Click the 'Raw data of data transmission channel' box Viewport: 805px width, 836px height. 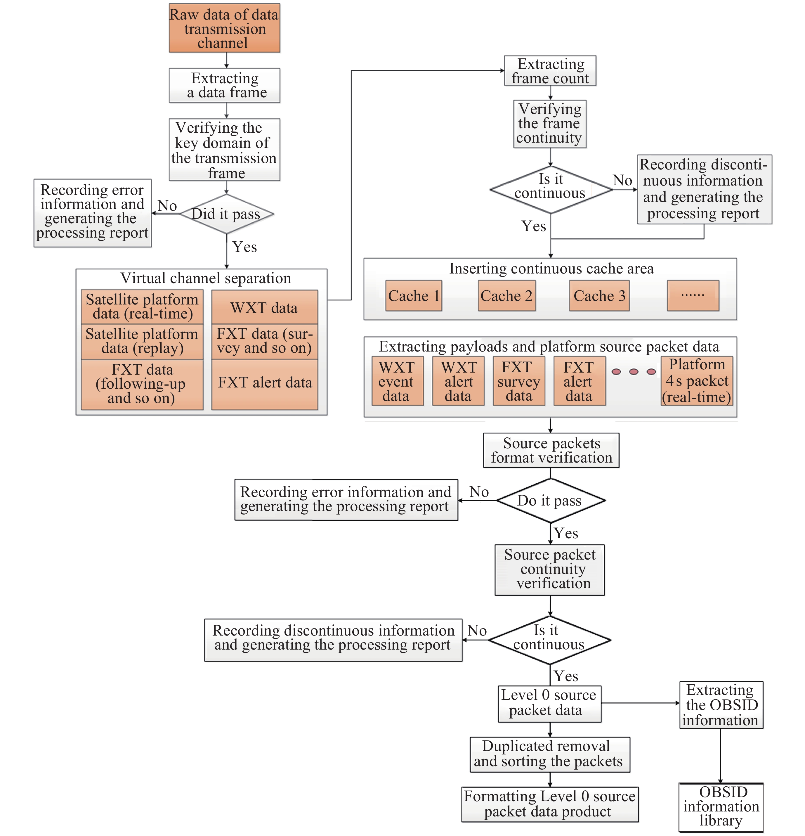pyautogui.click(x=224, y=28)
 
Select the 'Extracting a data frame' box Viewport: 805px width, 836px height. pyautogui.click(x=224, y=85)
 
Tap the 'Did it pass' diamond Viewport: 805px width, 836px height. pyautogui.click(x=226, y=214)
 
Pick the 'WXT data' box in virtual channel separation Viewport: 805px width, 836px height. pyautogui.click(x=264, y=307)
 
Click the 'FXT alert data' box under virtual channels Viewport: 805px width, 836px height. pyautogui.click(x=264, y=383)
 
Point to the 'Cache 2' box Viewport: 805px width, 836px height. pyautogui.click(x=506, y=296)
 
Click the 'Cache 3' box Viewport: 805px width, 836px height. pyautogui.click(x=599, y=296)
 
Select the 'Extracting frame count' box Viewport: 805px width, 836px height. pyautogui.click(x=550, y=71)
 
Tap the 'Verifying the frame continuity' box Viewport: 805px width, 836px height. pyautogui.click(x=550, y=124)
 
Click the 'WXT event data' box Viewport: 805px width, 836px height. pyautogui.click(x=397, y=381)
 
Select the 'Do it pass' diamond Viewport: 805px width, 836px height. pyautogui.click(x=550, y=500)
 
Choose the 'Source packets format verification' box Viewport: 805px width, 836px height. pyautogui.click(x=551, y=450)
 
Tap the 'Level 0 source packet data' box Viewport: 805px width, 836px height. pyautogui.click(x=549, y=704)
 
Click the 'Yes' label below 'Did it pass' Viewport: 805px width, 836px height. pyautogui.click(x=244, y=247)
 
